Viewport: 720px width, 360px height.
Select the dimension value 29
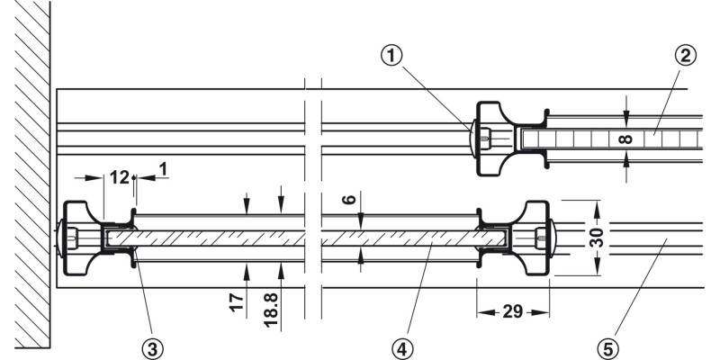pos(512,312)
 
